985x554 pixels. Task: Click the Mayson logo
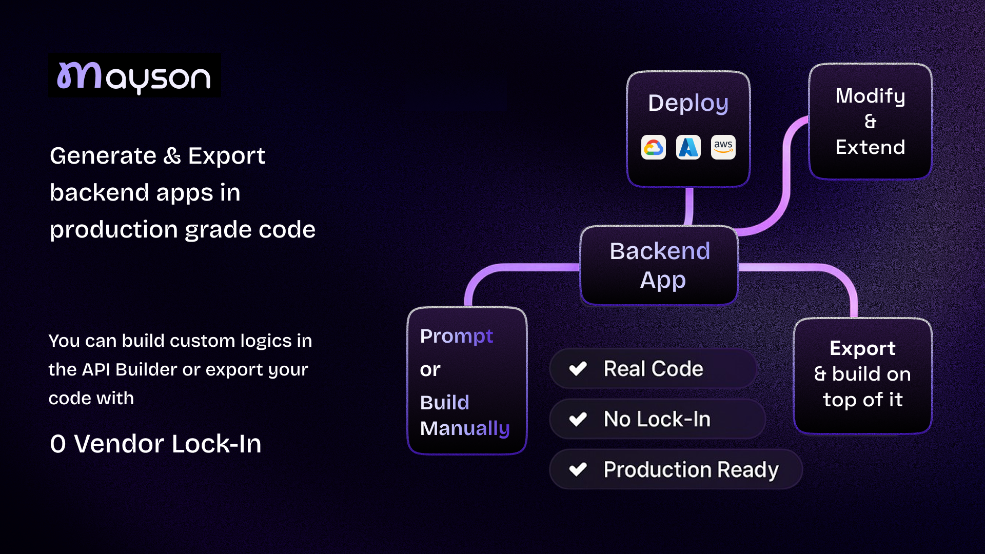(134, 76)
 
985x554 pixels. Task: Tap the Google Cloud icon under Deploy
(654, 148)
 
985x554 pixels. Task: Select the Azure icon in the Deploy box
(688, 148)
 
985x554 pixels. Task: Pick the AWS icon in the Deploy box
(723, 148)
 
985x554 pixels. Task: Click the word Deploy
(688, 103)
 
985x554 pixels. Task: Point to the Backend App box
(659, 265)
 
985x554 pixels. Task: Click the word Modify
(870, 96)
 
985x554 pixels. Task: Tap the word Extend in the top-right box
(870, 147)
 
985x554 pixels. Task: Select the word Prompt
(456, 337)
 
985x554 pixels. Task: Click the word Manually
(465, 428)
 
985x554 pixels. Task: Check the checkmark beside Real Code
(578, 368)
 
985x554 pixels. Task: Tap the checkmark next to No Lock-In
(578, 419)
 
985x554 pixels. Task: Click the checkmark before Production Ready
(578, 469)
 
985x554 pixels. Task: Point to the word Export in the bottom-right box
(862, 348)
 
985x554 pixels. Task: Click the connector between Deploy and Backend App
(689, 206)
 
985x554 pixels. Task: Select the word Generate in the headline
(103, 156)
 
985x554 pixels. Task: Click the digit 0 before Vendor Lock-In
(58, 444)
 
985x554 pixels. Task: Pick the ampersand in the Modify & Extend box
(870, 122)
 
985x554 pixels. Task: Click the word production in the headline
(113, 229)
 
